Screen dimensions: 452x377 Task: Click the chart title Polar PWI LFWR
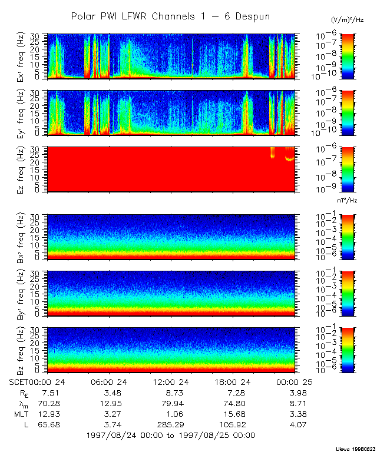[170, 16]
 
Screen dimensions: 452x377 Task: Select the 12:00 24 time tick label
[171, 381]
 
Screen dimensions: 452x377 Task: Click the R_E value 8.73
[171, 392]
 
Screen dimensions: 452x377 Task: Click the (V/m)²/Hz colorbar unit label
[348, 20]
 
